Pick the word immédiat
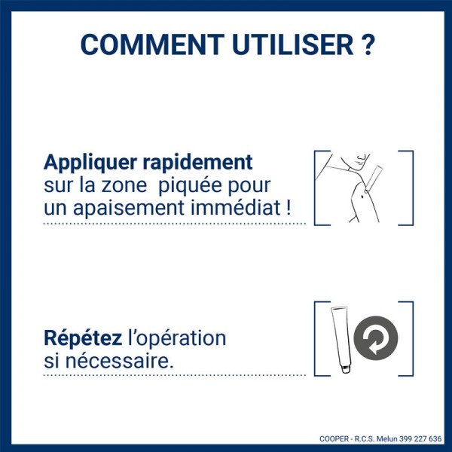(243, 207)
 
